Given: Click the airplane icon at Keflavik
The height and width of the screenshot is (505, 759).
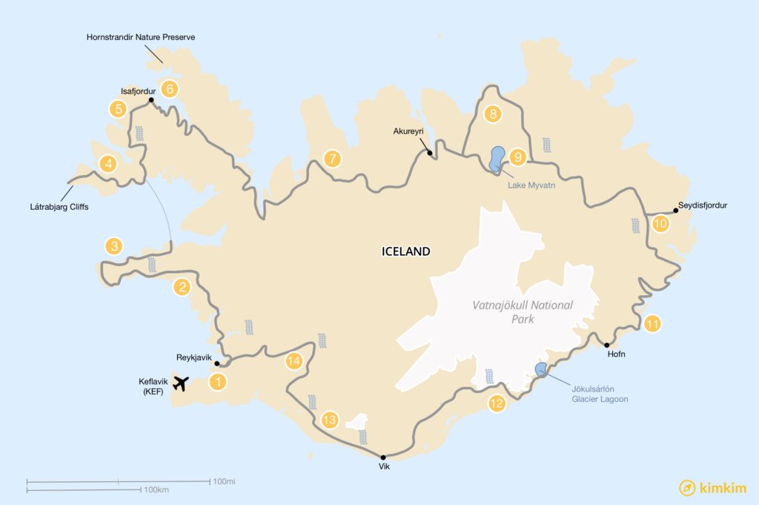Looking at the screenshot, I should (180, 383).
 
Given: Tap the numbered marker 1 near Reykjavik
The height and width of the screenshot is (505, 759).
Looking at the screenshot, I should (217, 382).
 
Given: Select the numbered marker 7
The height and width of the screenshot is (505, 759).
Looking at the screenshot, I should (333, 158).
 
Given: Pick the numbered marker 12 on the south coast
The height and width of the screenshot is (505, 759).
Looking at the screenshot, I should (496, 403).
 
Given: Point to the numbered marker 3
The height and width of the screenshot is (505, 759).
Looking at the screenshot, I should (113, 245).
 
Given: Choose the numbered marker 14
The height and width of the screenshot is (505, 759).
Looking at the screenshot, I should (294, 361).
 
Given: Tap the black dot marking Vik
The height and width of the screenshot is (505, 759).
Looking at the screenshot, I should (383, 457).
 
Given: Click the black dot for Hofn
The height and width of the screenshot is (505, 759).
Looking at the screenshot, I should (607, 345).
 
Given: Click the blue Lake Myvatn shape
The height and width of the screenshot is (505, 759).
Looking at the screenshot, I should (497, 158).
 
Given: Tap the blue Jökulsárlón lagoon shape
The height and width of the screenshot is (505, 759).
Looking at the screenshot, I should (542, 369).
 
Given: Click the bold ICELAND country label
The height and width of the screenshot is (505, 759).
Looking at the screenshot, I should (405, 251).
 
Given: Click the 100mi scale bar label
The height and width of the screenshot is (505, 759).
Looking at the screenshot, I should (224, 481).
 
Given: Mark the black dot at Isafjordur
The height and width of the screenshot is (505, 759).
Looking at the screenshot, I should (150, 100).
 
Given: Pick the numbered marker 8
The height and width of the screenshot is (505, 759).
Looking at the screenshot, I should (492, 114).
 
